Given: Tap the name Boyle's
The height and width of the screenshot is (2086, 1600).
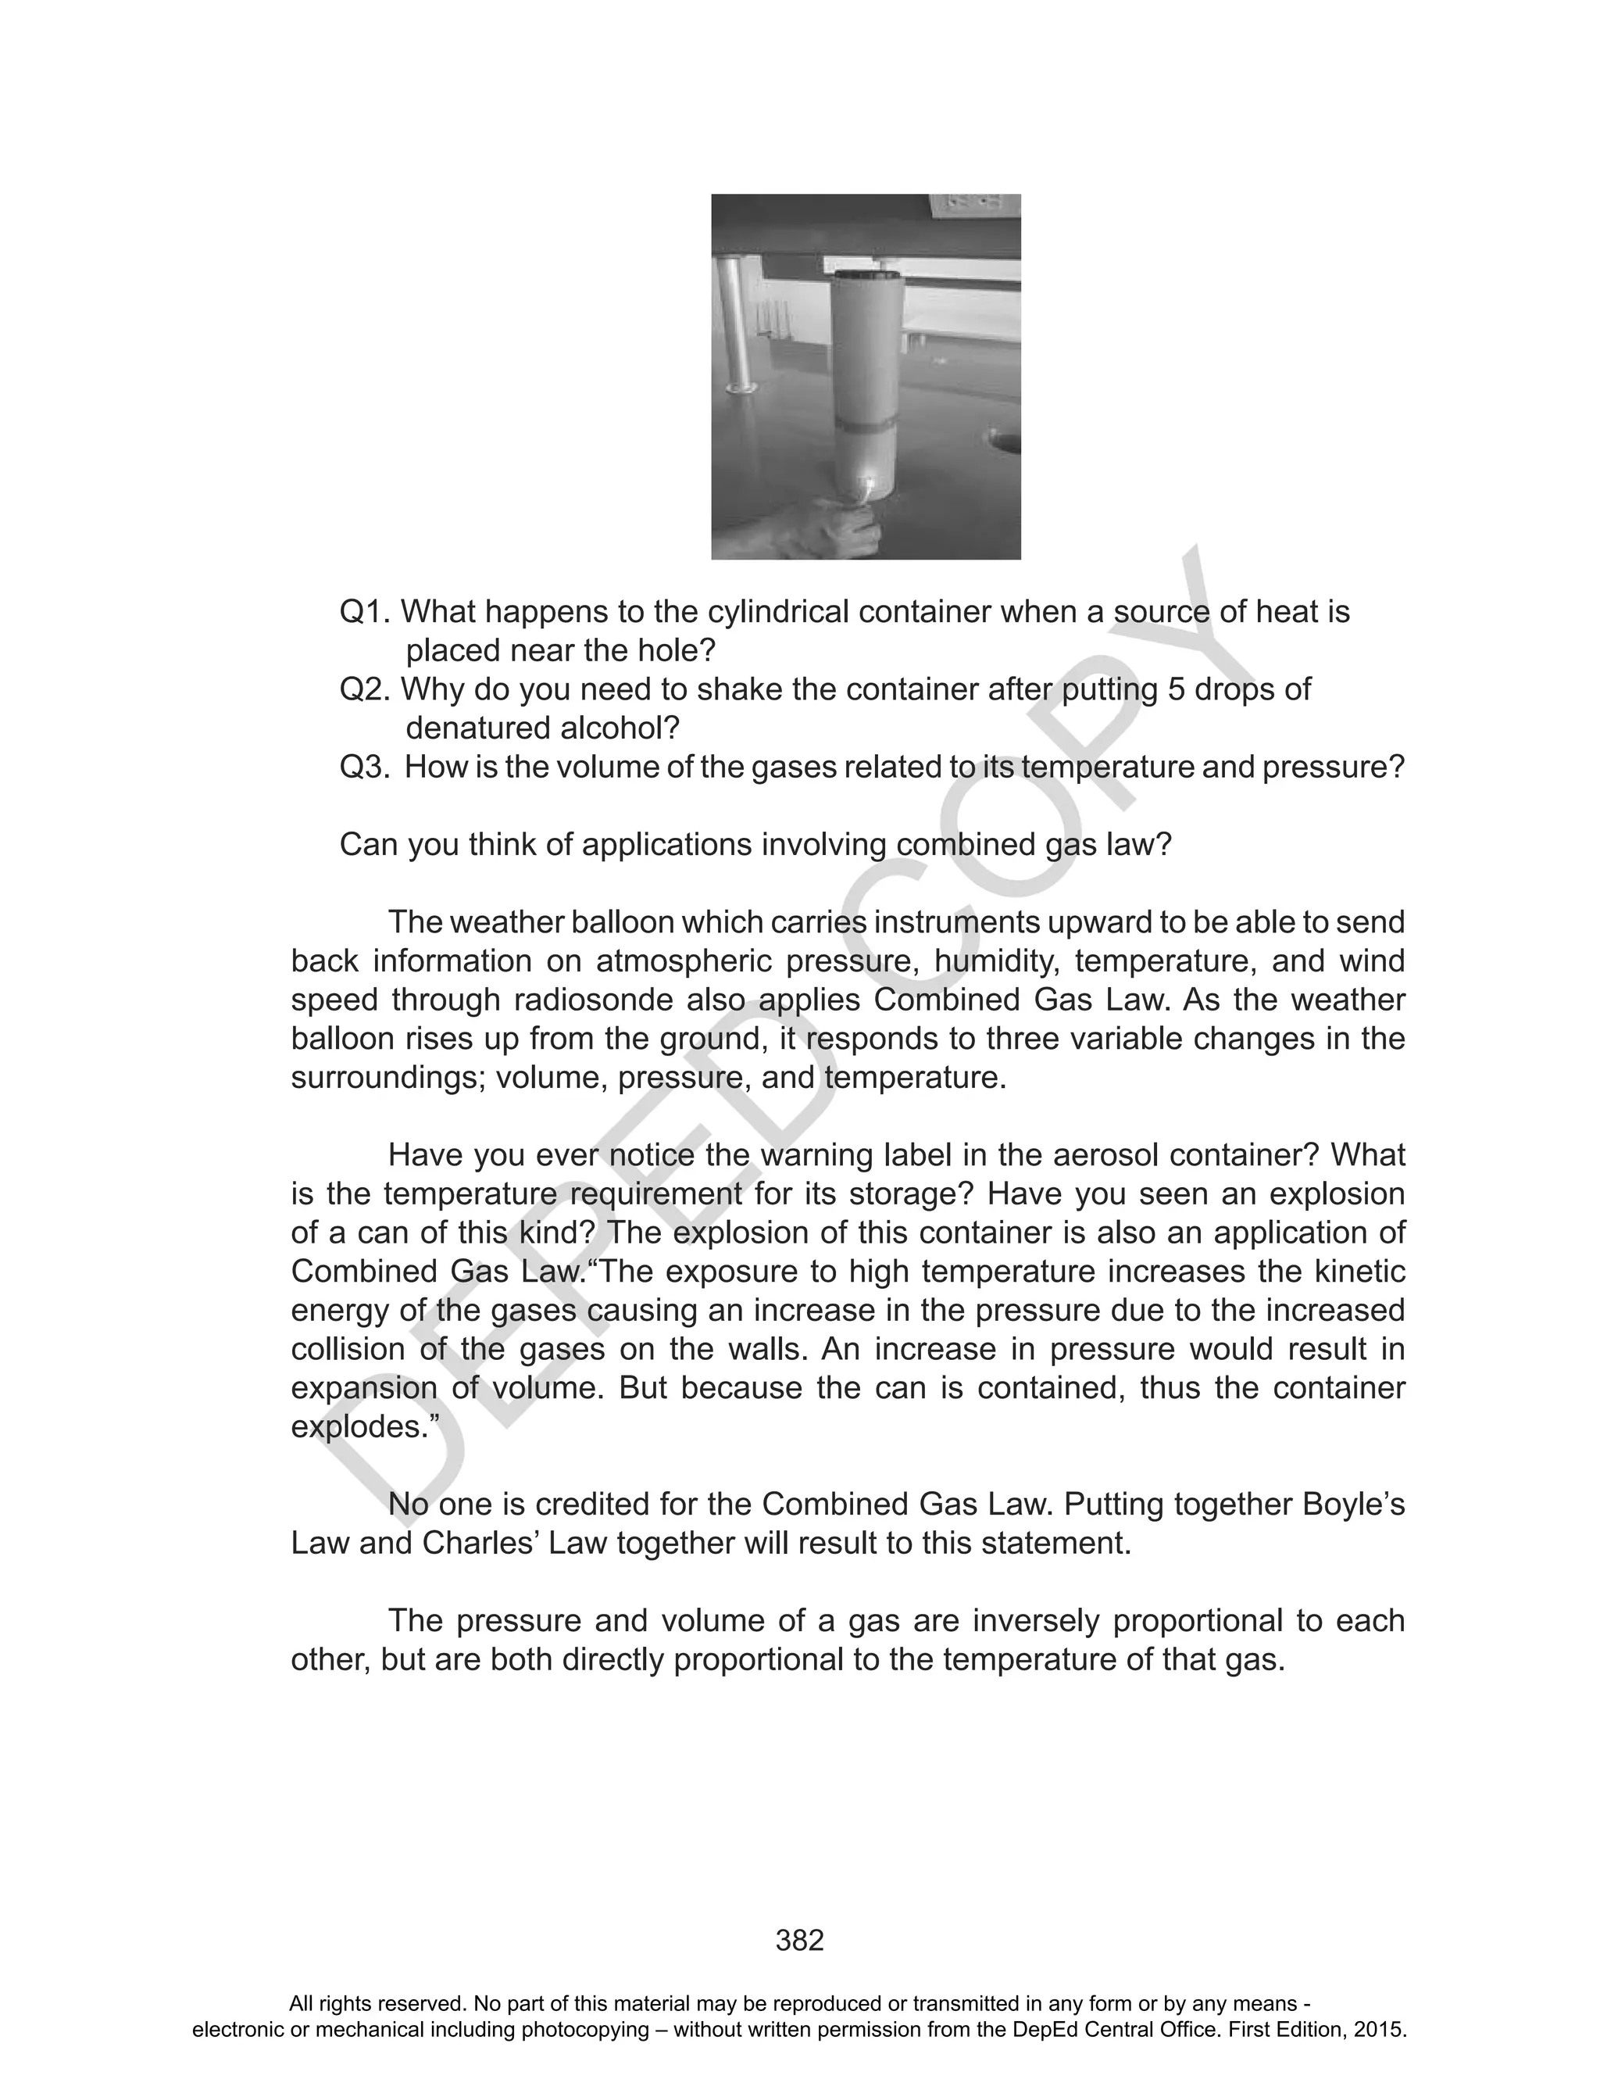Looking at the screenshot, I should point(1352,1506).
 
